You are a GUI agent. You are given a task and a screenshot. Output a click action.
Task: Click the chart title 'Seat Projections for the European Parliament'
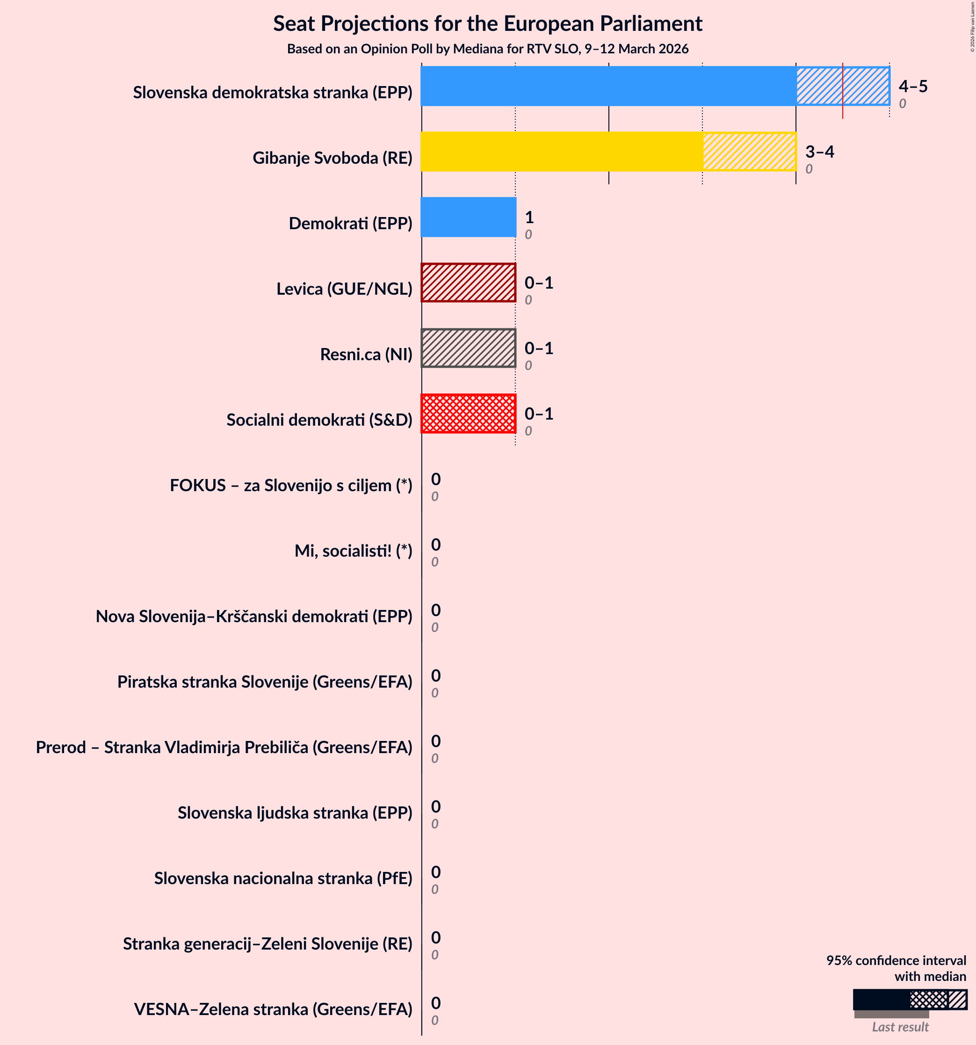point(487,24)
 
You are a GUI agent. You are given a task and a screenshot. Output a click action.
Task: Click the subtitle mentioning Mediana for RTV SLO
point(487,49)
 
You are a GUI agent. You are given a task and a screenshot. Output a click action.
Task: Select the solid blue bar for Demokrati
point(468,217)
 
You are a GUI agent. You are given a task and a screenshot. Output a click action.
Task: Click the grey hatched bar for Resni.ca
point(468,348)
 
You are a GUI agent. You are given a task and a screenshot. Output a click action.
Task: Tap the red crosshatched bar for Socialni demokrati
point(468,414)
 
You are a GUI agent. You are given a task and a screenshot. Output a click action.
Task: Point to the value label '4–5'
point(913,86)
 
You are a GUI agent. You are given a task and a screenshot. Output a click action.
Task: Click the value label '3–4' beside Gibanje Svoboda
point(819,152)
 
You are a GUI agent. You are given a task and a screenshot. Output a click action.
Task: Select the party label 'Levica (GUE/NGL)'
point(344,289)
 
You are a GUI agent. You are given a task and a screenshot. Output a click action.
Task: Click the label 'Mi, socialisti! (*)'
point(353,551)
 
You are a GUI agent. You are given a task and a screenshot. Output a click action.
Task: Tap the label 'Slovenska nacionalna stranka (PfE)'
point(283,878)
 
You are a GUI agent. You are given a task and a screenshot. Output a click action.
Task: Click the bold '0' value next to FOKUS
point(436,479)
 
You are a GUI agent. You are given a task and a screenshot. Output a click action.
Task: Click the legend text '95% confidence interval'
point(896,960)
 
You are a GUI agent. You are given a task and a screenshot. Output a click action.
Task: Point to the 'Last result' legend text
point(900,1027)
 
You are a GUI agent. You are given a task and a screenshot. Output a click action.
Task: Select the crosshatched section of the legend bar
point(928,999)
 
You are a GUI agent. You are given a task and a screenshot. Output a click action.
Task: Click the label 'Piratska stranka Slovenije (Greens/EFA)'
point(264,681)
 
